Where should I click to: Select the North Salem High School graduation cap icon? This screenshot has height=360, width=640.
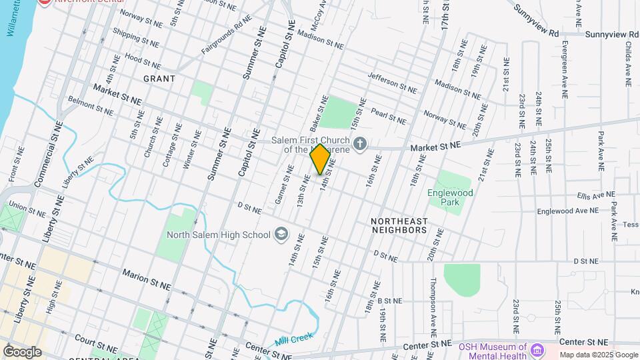(x=281, y=234)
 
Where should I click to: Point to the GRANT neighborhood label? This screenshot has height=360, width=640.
(x=159, y=79)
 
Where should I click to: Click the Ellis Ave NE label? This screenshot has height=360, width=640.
(x=596, y=195)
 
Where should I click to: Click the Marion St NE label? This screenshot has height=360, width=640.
(x=146, y=279)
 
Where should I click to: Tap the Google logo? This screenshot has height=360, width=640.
(x=22, y=351)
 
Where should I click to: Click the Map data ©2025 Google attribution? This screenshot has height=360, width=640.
(x=599, y=355)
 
